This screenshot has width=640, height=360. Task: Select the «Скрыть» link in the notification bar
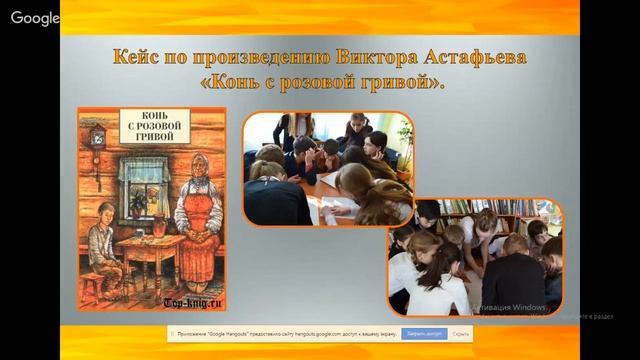[x=450, y=338]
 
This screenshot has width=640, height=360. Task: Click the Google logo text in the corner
[x=36, y=18]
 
